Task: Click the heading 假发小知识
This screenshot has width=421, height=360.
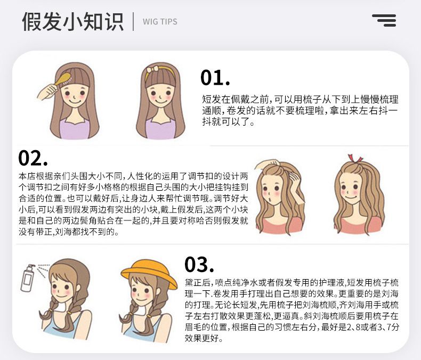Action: coord(73,21)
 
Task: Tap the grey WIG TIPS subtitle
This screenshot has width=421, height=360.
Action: coord(160,22)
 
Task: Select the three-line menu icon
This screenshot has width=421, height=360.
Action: coord(384,20)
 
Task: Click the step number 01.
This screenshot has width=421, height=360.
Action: coord(215,78)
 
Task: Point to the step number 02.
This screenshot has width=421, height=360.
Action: coord(33,158)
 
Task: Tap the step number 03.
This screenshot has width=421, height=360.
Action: coord(199,265)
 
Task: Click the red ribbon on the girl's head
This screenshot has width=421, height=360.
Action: coord(354,159)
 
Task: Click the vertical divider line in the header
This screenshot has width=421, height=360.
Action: coord(133,21)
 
